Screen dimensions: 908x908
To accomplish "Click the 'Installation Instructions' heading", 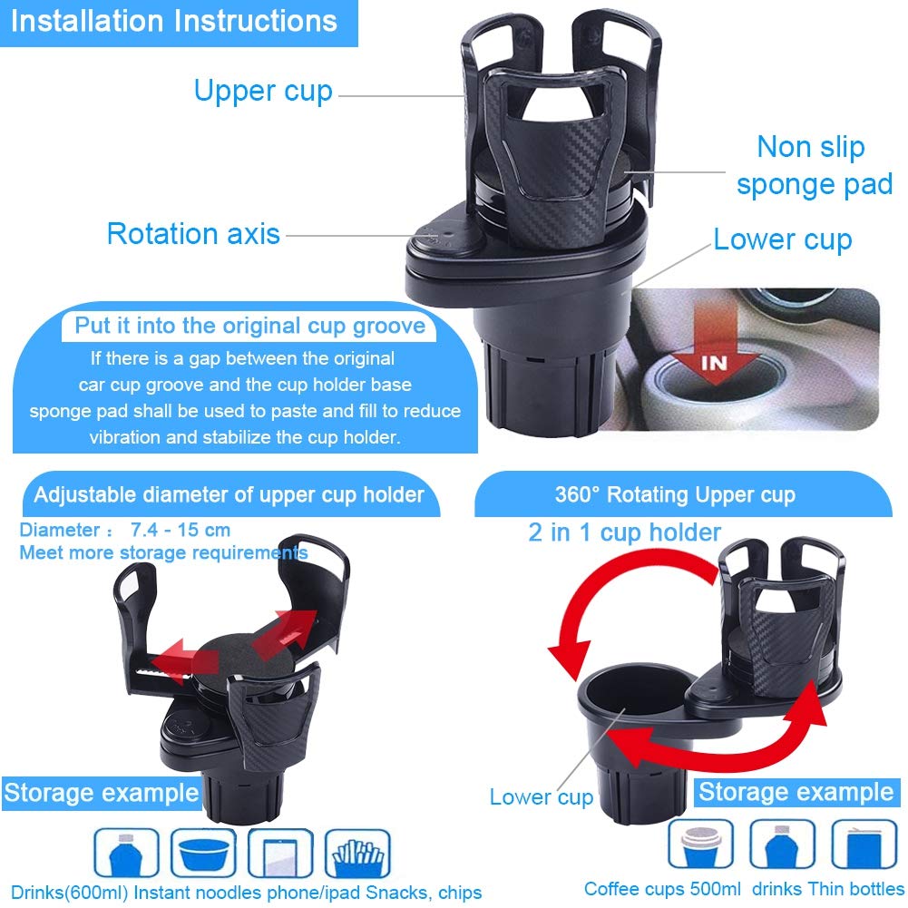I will tap(174, 22).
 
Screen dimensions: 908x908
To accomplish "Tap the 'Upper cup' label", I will tap(263, 92).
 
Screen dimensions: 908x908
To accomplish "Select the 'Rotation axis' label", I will tap(193, 234).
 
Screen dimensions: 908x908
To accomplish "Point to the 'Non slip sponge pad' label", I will tap(813, 166).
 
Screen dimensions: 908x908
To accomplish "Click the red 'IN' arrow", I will tap(715, 354).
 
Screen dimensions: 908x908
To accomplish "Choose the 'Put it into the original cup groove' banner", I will tap(249, 326).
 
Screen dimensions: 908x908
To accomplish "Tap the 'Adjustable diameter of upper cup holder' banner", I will tap(229, 494).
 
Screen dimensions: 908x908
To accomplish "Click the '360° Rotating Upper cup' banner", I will tap(675, 495).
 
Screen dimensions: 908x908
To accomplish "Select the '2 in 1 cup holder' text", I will tap(624, 532).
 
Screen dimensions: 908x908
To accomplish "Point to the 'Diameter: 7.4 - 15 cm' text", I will tap(125, 530).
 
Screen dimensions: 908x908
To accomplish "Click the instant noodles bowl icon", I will tap(204, 854).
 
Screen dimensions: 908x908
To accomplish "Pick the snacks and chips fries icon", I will tap(357, 854).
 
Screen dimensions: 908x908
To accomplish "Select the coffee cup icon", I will tap(700, 844).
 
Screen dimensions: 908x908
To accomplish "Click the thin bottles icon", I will tap(864, 844).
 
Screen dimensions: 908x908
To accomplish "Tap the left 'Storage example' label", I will tap(101, 793).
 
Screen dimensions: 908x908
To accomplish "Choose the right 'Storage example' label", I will tap(796, 792).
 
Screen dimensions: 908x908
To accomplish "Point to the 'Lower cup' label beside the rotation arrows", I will tap(542, 797).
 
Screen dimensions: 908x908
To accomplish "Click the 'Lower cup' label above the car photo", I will tap(783, 240).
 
